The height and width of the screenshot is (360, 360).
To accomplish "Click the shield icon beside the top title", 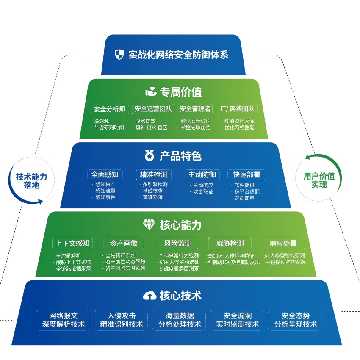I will pos(119,55).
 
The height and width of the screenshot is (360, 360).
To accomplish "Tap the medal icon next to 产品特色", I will pos(150,155).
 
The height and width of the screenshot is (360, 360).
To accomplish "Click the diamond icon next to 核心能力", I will pos(149,225).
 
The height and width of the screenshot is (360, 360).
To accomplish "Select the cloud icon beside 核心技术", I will pos(150,296).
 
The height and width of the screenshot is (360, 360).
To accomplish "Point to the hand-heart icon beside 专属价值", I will pos(151,91).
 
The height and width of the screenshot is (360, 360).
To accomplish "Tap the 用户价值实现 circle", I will pos(319,180).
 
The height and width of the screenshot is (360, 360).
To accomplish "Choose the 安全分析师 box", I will pos(109,109).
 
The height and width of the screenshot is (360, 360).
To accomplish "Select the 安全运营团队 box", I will pos(153,109).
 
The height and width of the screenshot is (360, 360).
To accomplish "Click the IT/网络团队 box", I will pos(237,109).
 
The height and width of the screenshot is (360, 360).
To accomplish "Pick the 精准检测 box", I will pos(154,174).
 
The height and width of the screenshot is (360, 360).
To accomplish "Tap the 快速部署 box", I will pos(246,174).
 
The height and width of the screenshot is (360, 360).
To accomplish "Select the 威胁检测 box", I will pos(230,243).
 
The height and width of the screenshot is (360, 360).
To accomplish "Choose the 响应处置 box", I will pos(283,243).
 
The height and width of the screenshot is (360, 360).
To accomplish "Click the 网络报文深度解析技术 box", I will pos(63,320).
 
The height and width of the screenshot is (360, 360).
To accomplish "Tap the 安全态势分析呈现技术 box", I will pos(295,320).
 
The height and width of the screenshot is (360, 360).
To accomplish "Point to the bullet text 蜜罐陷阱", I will pos(152,197).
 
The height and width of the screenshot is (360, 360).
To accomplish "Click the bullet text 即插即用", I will pos(244,198).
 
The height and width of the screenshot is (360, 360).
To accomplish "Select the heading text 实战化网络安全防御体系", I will pos(178,55).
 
